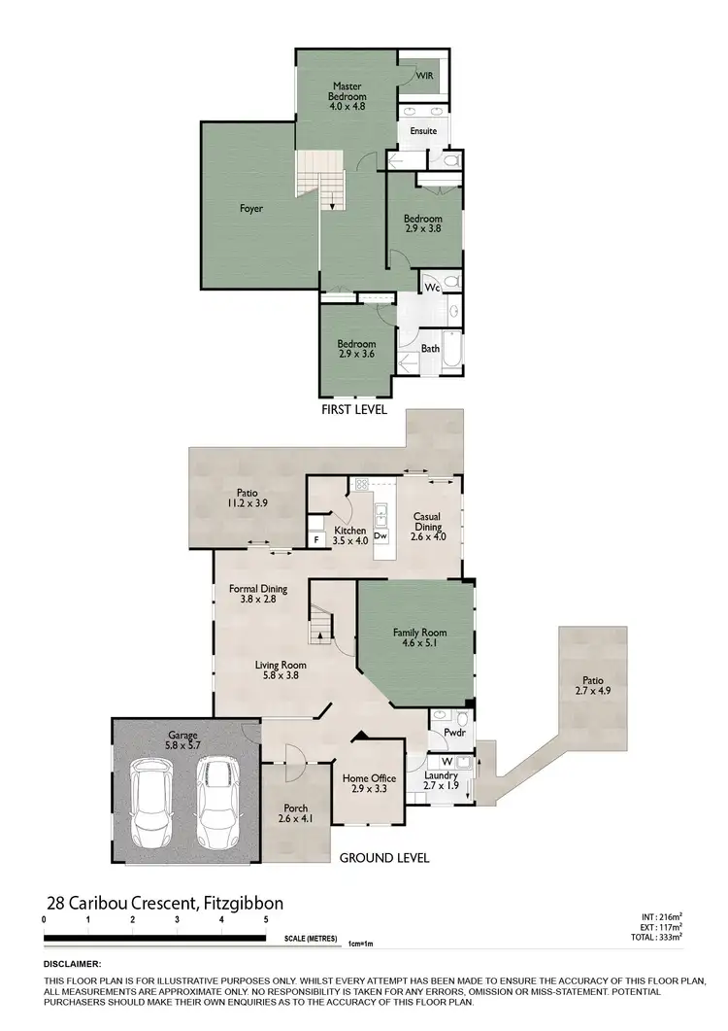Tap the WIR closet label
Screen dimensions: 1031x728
coord(424,75)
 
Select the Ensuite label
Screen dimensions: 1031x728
coord(423,130)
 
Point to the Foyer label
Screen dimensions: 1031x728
coord(251,208)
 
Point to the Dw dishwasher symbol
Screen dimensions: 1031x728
coord(381,535)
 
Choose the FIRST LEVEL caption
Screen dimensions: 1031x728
coord(354,410)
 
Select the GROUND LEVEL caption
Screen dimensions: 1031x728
coord(383,858)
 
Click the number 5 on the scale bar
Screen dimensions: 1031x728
coord(266,918)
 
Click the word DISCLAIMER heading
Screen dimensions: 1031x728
coord(73,963)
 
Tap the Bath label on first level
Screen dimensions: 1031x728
coord(430,348)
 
